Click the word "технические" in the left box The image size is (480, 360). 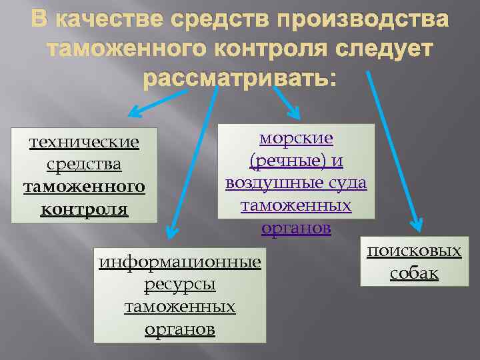point(84,142)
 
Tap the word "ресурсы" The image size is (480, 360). point(180,284)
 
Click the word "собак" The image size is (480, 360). point(414,273)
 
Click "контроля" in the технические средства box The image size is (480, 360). point(84,209)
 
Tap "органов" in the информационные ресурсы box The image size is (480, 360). point(180,329)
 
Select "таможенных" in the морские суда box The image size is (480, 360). point(296,205)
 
